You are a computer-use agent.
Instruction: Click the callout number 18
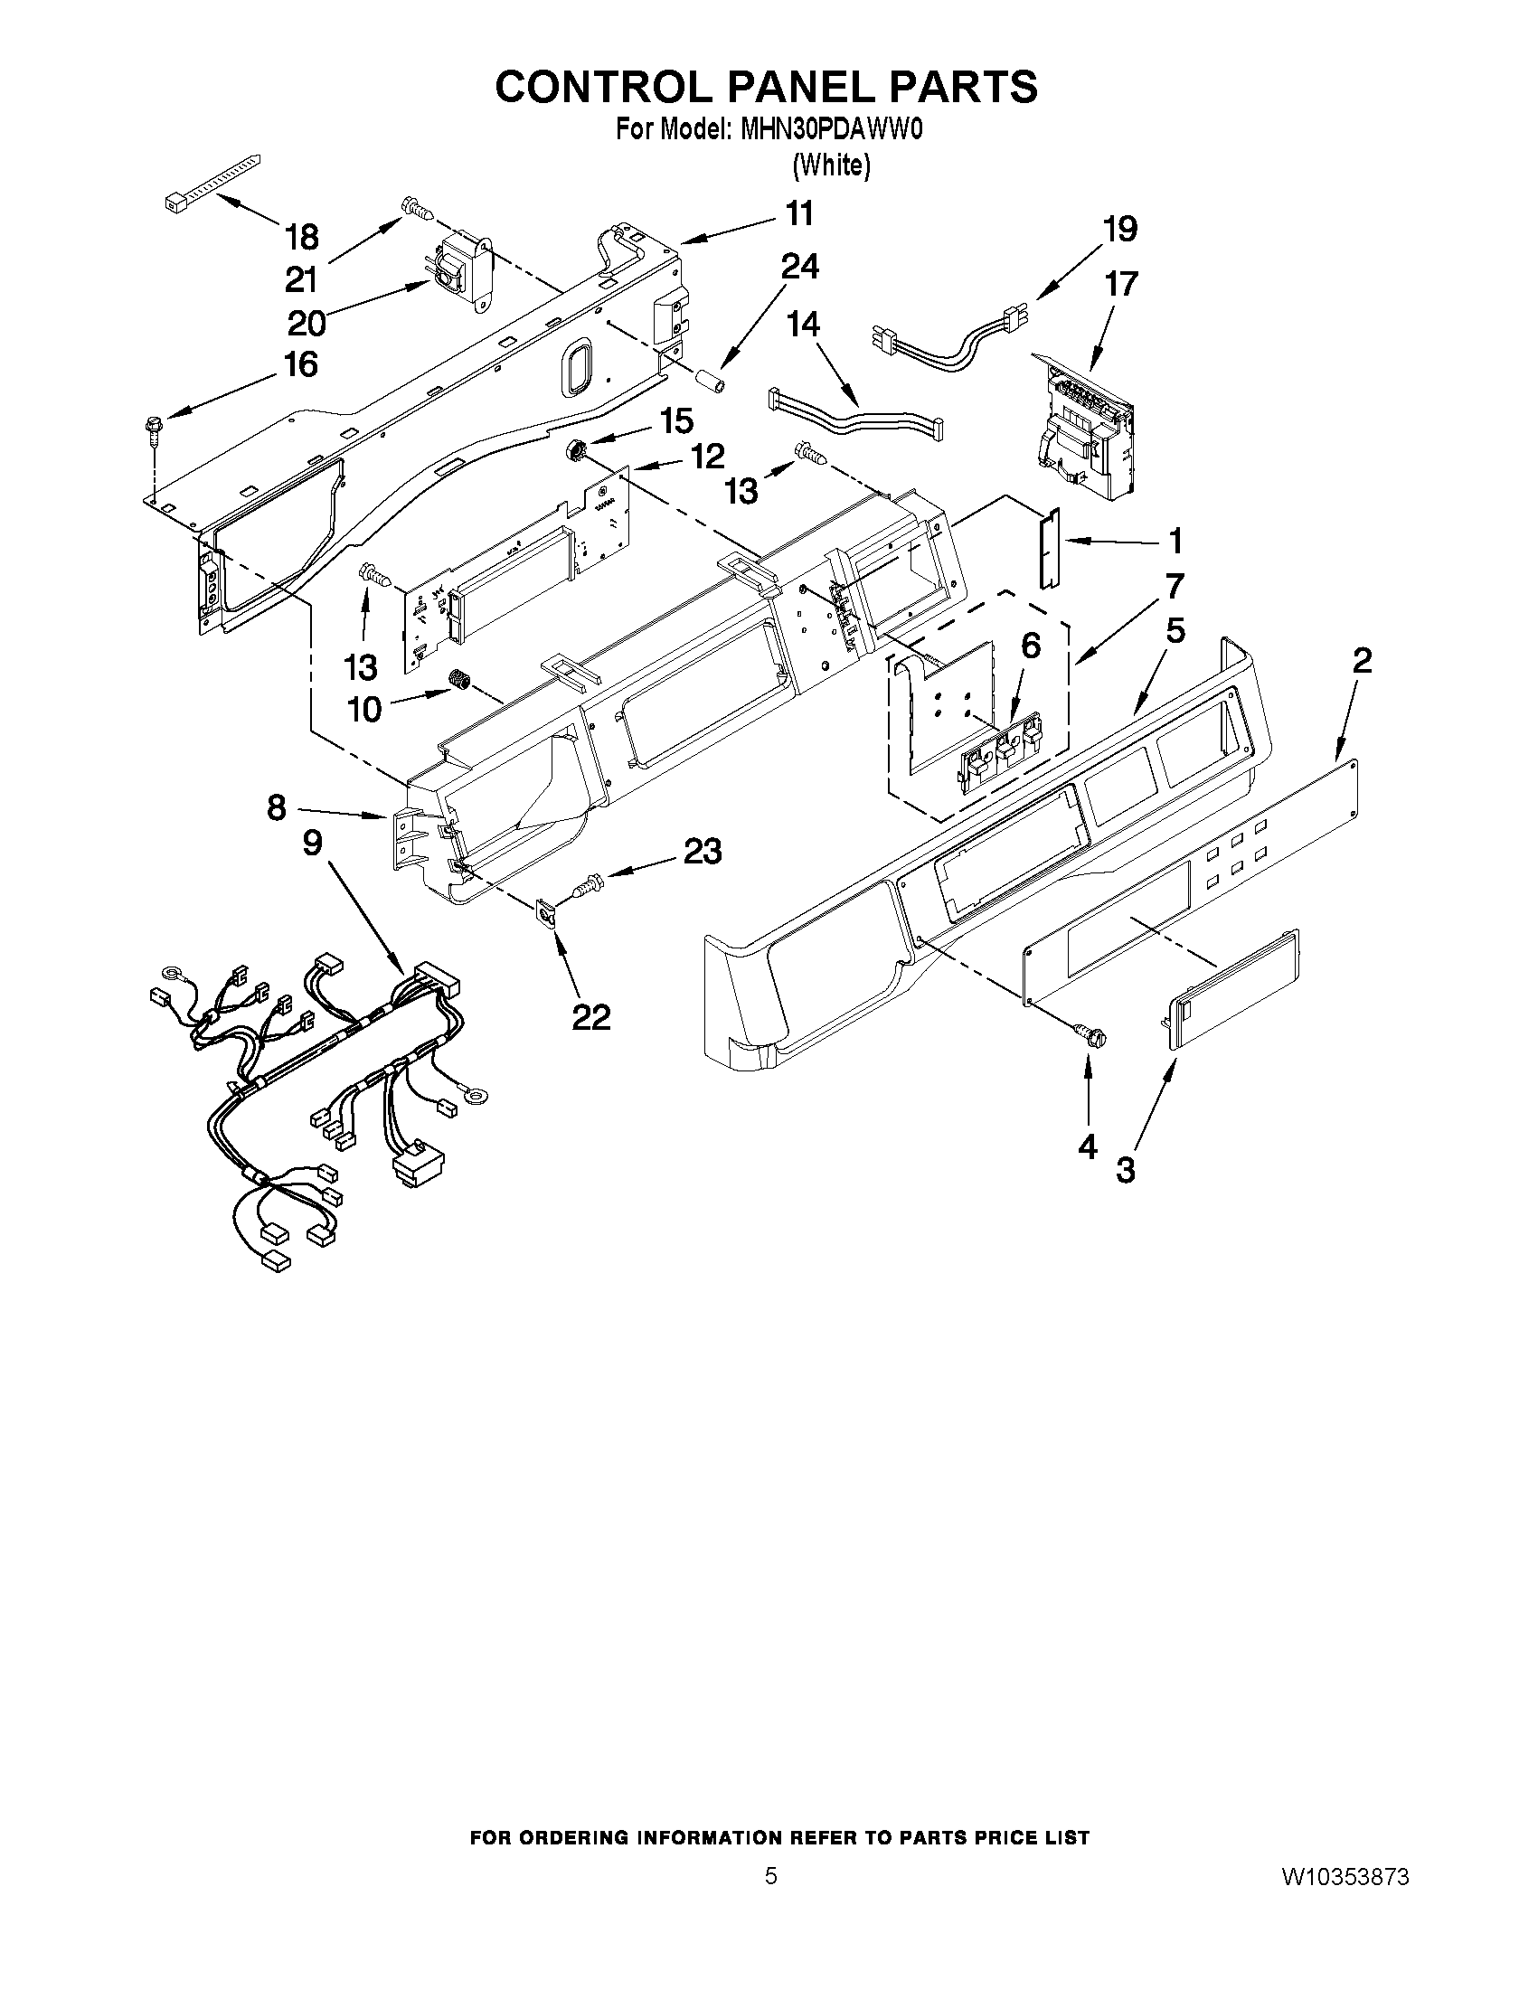(303, 237)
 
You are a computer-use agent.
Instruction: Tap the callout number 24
(799, 266)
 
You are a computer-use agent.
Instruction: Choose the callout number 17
(1121, 283)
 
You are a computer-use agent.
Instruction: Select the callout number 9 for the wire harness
(312, 843)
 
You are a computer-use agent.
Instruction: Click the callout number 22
(590, 1017)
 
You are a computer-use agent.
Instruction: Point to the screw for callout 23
(583, 883)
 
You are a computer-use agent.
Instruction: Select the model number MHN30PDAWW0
(832, 130)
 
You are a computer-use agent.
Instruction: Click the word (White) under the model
(831, 165)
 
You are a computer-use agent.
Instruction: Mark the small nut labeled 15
(576, 448)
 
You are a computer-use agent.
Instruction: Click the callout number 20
(307, 323)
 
